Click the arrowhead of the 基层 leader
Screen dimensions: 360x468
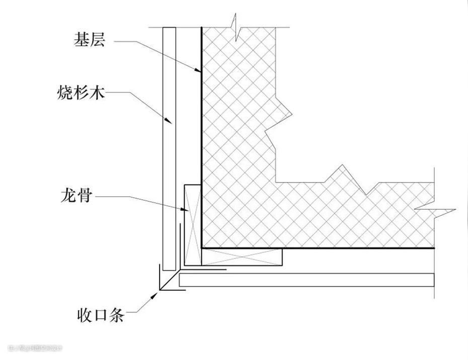point(199,73)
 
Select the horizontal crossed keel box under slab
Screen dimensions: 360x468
point(242,257)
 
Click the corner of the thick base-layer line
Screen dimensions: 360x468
point(201,247)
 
